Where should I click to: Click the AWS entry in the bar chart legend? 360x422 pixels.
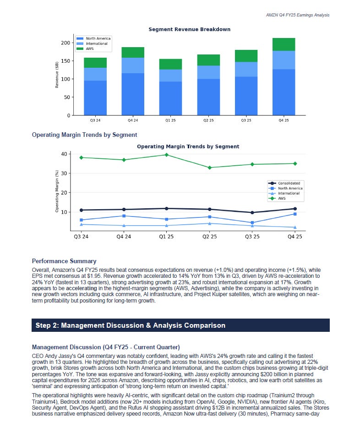(90, 48)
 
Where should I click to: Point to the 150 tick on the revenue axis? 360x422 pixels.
(65, 61)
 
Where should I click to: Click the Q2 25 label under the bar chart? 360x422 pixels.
(208, 120)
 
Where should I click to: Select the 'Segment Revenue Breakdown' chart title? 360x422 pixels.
(189, 29)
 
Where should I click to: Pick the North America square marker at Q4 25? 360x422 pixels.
(295, 214)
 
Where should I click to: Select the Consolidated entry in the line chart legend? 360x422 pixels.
(289, 183)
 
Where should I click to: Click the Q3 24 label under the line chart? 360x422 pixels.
(82, 237)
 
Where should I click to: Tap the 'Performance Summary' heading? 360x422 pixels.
(64, 261)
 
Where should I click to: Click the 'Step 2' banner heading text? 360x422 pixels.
(130, 325)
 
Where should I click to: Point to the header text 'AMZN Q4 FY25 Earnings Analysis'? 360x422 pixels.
(297, 15)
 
